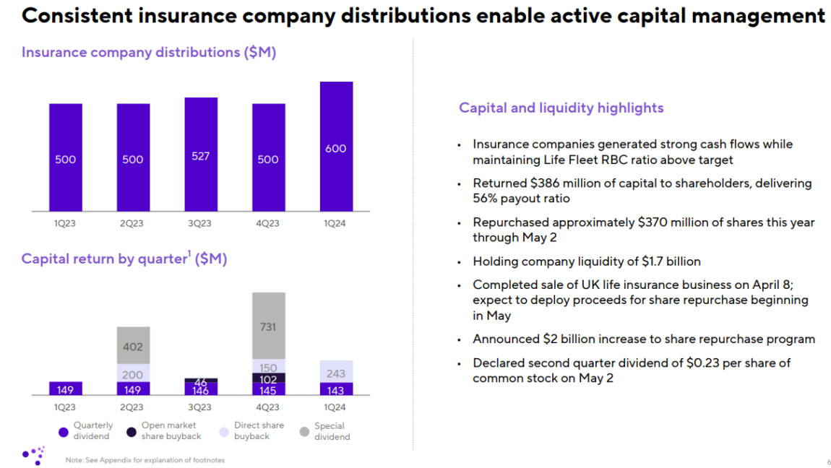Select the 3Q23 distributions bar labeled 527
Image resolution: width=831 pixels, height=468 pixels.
pos(201,155)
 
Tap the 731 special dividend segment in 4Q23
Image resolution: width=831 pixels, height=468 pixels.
pos(268,326)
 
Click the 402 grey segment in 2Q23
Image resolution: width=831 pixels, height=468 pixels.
pos(133,346)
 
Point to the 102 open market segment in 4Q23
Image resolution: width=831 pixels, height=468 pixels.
pos(268,378)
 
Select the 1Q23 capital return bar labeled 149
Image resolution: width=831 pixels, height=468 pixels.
pos(66,389)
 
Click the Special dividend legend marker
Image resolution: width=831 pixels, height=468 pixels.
pos(304,432)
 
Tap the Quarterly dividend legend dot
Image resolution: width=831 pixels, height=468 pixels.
pos(64,432)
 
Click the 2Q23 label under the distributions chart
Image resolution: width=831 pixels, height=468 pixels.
pos(132,223)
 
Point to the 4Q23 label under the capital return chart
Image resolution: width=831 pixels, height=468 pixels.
pos(268,407)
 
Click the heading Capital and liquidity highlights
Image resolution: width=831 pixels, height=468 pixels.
pos(561,108)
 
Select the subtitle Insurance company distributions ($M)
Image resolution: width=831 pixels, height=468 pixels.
pos(149,53)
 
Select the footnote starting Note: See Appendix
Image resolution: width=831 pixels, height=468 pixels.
pos(145,460)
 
